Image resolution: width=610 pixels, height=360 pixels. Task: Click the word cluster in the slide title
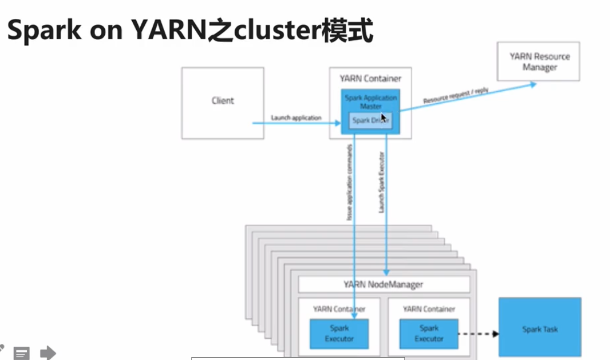[x=268, y=32]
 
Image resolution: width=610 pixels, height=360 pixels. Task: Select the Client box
[x=223, y=103]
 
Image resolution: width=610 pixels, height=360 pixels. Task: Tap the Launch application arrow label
[x=296, y=118]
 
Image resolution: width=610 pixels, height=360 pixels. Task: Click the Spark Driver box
[x=370, y=121]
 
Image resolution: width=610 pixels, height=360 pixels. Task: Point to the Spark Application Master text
[x=370, y=102]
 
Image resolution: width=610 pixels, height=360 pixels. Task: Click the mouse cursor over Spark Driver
[x=384, y=118]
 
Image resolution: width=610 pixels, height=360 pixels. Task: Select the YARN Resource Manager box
[x=538, y=62]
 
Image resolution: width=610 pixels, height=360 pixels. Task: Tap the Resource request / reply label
[x=456, y=96]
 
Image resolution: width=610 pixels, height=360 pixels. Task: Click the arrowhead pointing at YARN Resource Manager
[x=532, y=84]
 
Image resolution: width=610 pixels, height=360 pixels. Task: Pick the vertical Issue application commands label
[x=350, y=182]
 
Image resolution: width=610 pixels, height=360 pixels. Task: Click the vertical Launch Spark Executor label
[x=382, y=182]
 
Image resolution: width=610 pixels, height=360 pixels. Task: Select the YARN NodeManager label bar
[x=383, y=284]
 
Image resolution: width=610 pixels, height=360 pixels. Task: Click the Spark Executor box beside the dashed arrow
[x=429, y=334]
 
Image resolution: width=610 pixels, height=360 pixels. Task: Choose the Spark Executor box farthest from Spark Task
[x=339, y=334]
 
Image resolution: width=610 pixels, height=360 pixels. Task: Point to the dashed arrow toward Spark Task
[x=477, y=334]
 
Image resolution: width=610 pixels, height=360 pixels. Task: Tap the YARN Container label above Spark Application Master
[x=370, y=79]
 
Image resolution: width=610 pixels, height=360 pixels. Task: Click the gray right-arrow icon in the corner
[x=48, y=353]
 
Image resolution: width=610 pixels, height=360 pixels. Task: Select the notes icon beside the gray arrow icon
[x=22, y=354]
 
